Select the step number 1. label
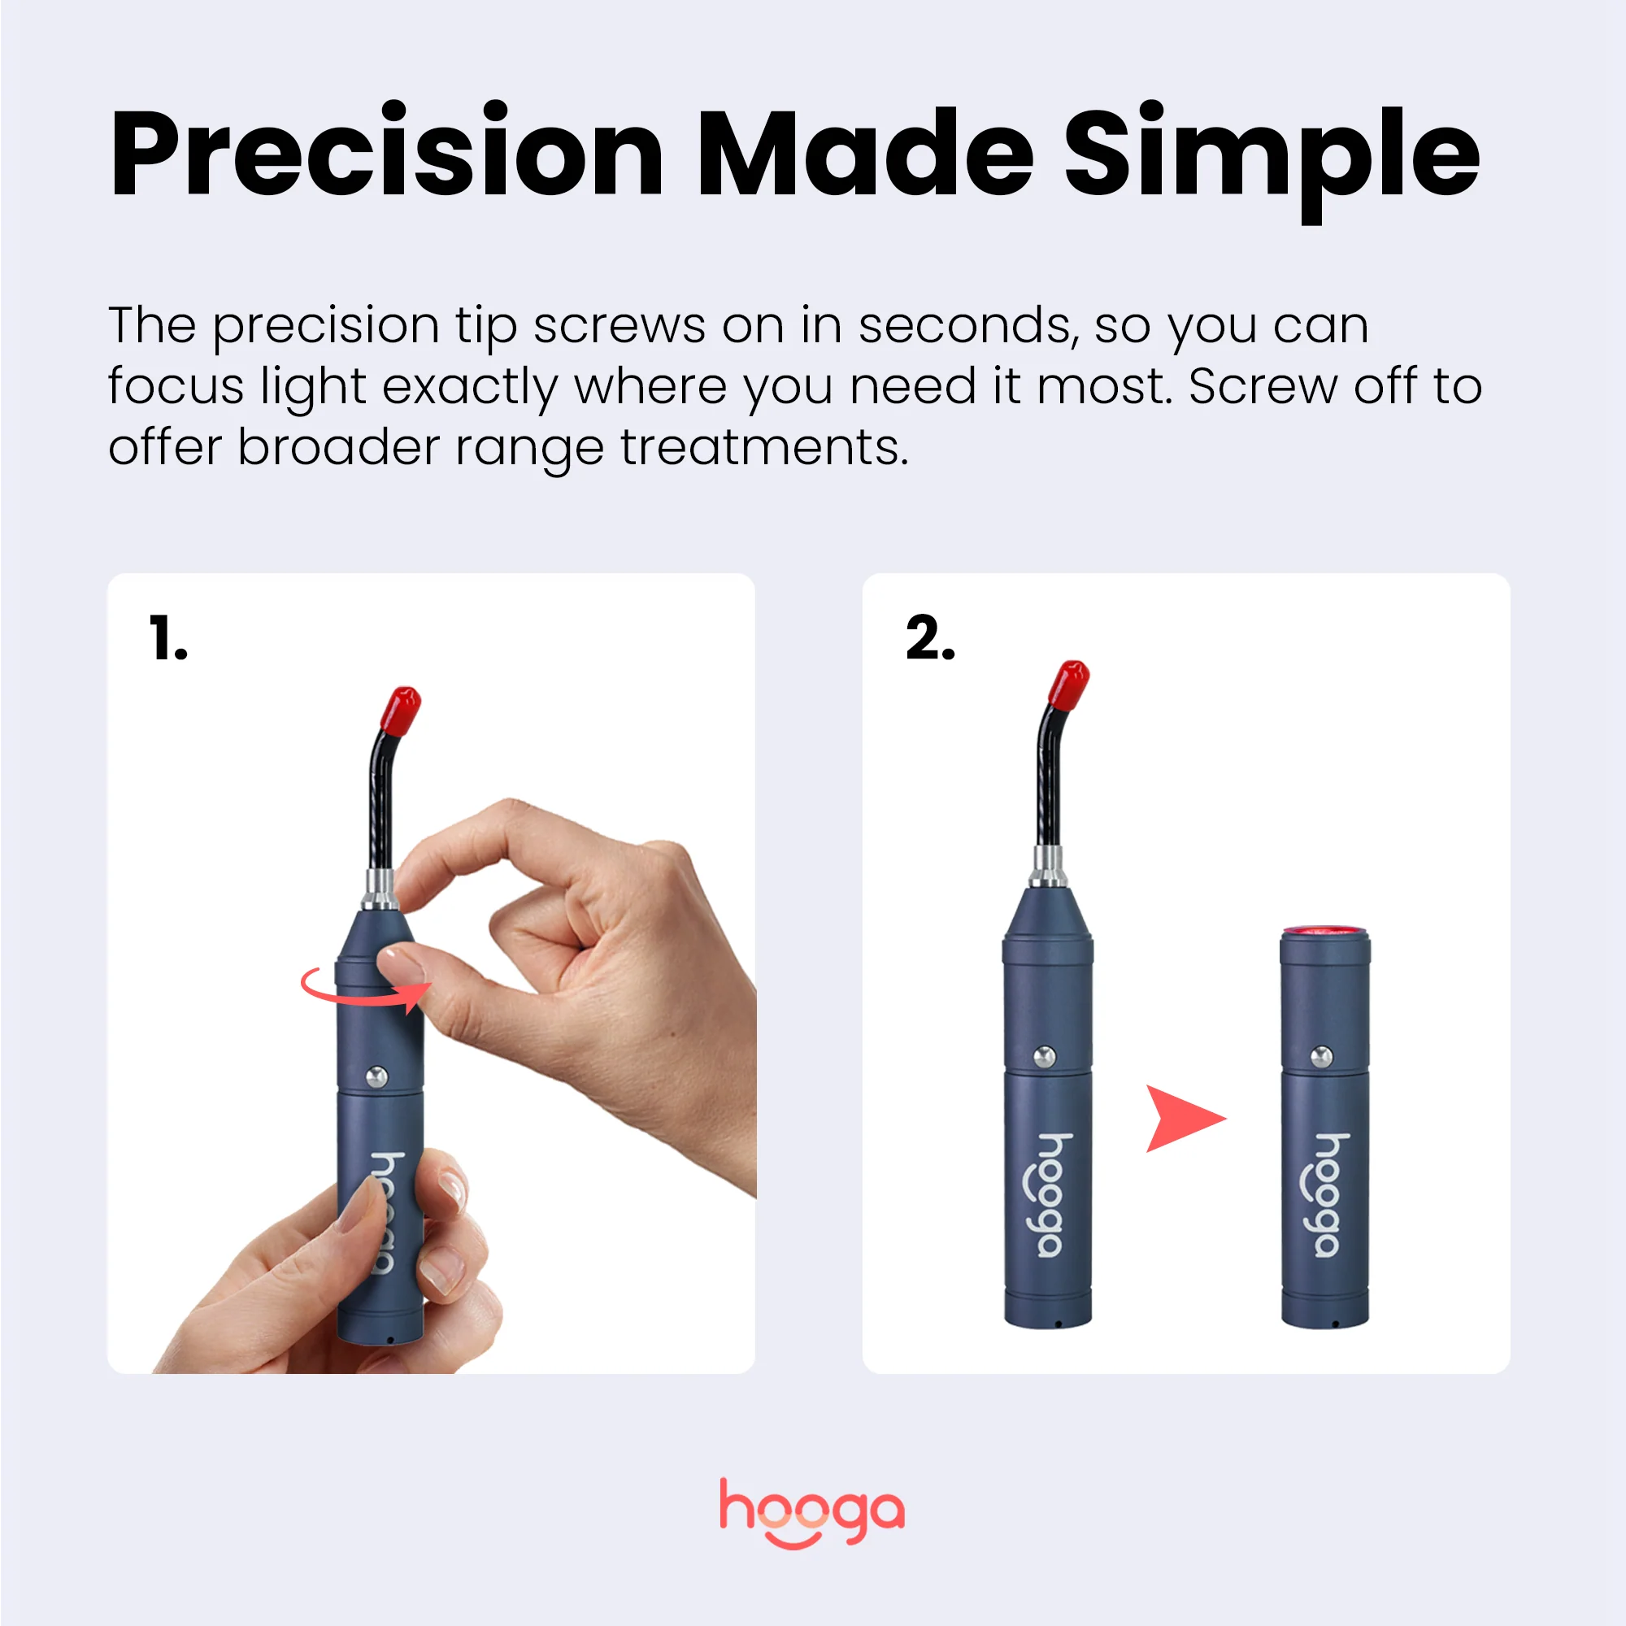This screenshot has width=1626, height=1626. point(167,638)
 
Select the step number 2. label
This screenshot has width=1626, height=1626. point(930,638)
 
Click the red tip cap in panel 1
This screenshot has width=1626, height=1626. point(404,708)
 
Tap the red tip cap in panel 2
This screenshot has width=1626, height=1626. point(1071,683)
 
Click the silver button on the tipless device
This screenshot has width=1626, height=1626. point(1322,1055)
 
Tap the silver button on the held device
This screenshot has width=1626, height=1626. point(377,1075)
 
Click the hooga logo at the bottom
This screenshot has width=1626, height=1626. point(812,1512)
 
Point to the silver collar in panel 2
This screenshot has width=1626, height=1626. point(1049,867)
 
